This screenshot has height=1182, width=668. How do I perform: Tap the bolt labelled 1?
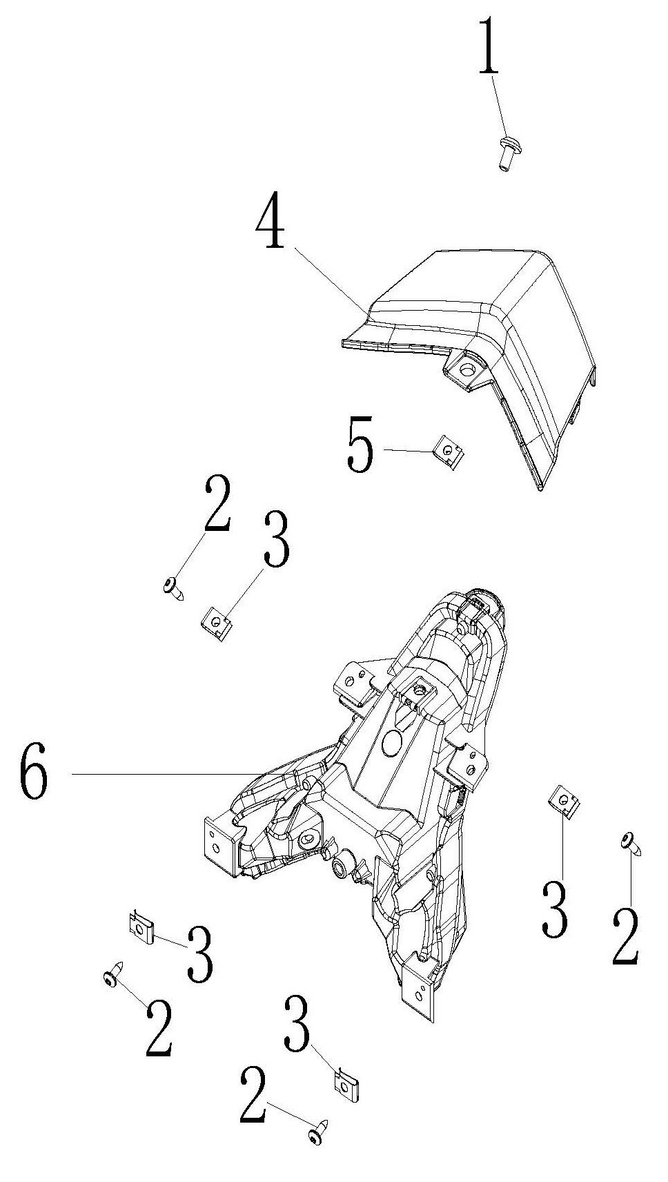coord(506,153)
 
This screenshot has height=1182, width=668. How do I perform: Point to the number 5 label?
coord(361,444)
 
